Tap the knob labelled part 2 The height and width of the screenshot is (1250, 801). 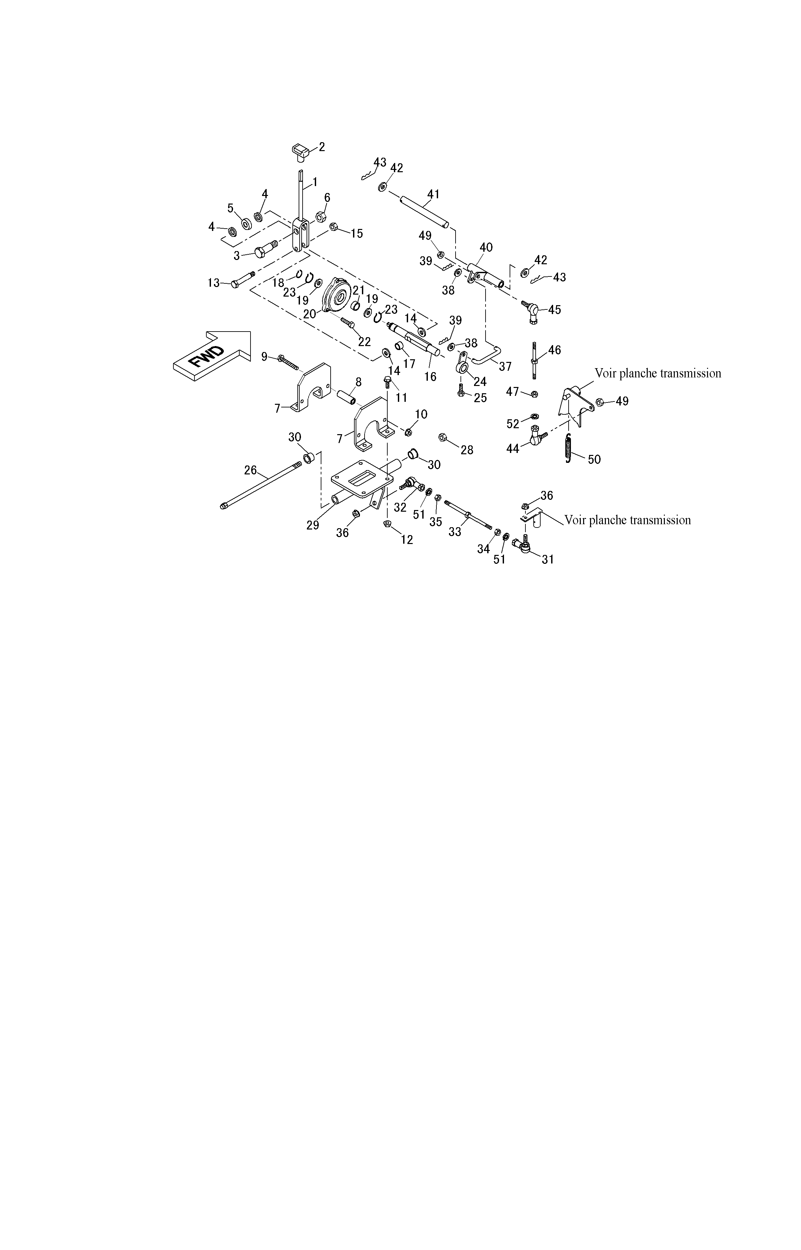(x=300, y=151)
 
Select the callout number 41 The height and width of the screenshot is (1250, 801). (x=433, y=194)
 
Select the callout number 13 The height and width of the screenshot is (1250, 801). (x=213, y=283)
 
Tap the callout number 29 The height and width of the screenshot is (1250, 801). (x=312, y=525)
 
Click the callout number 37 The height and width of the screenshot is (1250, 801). (x=505, y=367)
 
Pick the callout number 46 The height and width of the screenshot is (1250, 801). (x=554, y=350)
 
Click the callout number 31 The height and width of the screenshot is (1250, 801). (x=548, y=560)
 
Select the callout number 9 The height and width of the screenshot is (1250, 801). (x=264, y=357)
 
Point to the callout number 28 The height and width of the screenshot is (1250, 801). (x=467, y=450)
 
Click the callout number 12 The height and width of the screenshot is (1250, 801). (x=407, y=540)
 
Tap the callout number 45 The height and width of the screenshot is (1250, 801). (x=554, y=310)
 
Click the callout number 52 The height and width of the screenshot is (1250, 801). (x=513, y=424)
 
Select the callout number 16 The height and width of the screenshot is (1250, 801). (x=430, y=376)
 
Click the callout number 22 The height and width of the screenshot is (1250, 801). (x=364, y=342)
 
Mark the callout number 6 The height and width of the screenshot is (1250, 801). (x=327, y=197)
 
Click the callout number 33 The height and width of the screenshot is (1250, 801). (x=455, y=532)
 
